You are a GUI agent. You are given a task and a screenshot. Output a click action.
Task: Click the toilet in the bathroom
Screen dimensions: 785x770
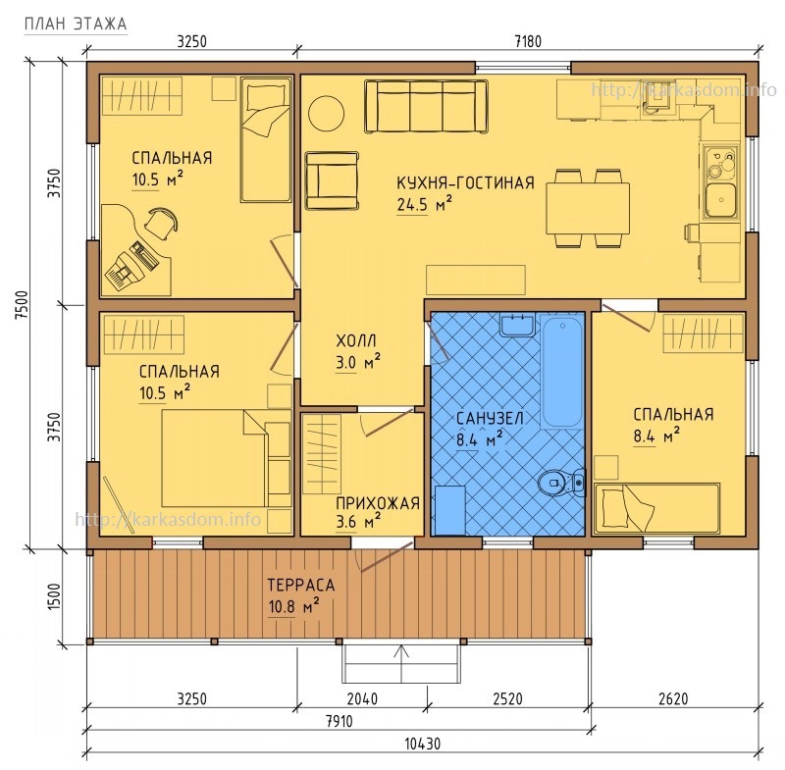point(561,483)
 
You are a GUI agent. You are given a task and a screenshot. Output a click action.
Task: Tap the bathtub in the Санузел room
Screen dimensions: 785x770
point(562,371)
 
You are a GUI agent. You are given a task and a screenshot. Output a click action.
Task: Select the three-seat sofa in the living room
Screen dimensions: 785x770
point(426,107)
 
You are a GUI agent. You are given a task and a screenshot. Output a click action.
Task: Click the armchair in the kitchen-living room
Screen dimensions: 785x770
point(332,180)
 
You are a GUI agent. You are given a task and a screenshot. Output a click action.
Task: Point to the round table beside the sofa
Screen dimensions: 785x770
point(326,114)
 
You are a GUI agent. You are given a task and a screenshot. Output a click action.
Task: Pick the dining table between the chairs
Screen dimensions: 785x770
point(588,208)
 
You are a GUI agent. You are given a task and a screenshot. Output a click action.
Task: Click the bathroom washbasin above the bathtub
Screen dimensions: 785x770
point(517,326)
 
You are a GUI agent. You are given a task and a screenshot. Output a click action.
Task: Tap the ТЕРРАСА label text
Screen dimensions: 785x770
point(301,585)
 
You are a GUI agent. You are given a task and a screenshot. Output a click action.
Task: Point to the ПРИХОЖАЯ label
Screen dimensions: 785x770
point(378,503)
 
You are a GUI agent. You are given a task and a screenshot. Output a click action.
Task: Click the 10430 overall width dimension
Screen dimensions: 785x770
point(423,744)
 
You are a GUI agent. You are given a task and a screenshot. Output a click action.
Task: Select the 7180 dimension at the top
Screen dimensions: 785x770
point(528,41)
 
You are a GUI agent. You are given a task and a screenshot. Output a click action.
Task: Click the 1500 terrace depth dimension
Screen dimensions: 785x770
point(54,596)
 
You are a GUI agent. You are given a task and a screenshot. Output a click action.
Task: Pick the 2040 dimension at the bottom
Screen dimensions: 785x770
point(362,698)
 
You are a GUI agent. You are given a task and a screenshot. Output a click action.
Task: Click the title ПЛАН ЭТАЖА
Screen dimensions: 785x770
point(76,24)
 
